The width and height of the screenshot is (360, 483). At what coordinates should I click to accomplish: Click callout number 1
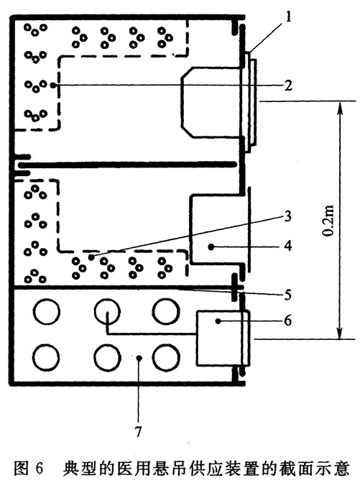click(288, 17)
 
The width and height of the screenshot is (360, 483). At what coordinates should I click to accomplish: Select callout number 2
click(288, 86)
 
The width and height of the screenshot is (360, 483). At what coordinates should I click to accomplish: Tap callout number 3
click(287, 216)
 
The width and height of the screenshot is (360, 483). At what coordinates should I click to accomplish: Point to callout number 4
click(287, 246)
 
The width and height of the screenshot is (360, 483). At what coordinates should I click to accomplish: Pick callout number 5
click(287, 295)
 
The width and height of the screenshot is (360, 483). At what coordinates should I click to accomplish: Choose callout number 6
click(287, 321)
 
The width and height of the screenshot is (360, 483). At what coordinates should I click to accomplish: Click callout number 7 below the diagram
click(138, 431)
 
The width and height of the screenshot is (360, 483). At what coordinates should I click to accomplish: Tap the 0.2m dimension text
click(328, 221)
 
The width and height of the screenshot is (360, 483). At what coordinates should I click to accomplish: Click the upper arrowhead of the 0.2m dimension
click(339, 107)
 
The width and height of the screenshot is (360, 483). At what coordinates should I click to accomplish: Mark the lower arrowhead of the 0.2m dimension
click(339, 333)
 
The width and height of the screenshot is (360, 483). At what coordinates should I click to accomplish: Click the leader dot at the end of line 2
click(54, 85)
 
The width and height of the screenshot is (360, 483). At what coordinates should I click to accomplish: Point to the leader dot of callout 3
click(91, 257)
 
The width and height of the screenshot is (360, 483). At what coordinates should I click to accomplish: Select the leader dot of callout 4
click(211, 247)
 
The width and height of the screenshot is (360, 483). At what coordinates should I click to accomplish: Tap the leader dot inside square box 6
click(218, 321)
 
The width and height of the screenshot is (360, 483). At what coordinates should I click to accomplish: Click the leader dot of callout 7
click(139, 358)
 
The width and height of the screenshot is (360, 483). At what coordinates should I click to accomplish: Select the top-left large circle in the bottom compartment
click(34, 311)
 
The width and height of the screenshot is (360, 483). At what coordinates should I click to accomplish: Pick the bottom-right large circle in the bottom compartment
click(153, 358)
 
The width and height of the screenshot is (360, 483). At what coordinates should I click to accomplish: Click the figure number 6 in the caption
click(39, 469)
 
